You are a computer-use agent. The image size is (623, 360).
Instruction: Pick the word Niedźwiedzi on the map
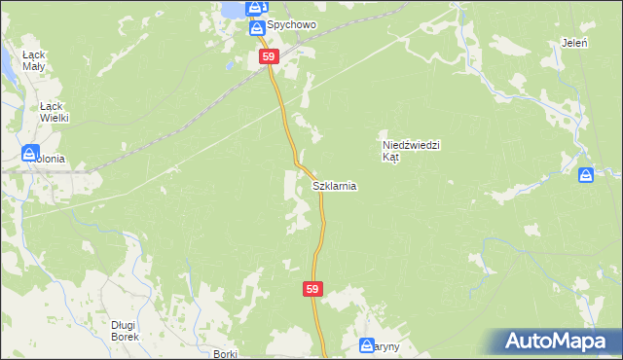click(x=412, y=145)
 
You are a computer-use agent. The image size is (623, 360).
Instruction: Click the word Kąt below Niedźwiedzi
click(x=390, y=157)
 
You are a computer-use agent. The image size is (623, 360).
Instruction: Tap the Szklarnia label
click(x=334, y=185)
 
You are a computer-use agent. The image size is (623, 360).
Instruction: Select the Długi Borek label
click(x=125, y=331)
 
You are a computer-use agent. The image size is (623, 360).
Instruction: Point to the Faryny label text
click(x=387, y=345)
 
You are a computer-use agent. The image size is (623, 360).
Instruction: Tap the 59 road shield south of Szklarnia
click(x=311, y=289)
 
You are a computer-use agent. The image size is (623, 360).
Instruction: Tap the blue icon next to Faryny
click(x=367, y=345)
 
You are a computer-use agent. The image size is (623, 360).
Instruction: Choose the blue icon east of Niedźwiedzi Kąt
click(x=586, y=175)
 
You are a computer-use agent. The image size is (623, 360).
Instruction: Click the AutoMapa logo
click(x=559, y=342)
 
